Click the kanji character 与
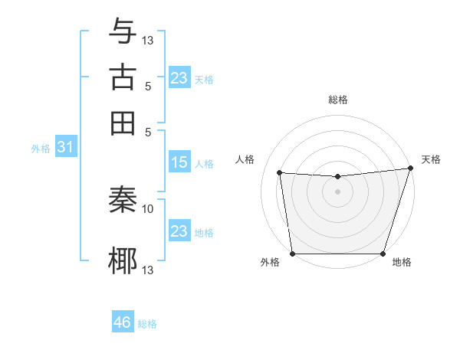click(123, 31)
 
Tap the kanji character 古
click(123, 77)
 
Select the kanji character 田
click(123, 123)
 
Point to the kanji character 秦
click(123, 201)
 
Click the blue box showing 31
click(65, 148)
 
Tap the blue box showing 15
click(179, 162)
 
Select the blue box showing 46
click(123, 322)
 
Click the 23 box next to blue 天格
click(179, 78)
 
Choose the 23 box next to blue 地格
click(179, 231)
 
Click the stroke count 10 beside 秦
click(148, 208)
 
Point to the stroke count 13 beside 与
click(148, 40)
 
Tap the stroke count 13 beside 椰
click(148, 270)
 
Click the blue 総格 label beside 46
click(147, 324)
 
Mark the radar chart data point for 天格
click(409, 169)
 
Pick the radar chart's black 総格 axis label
click(337, 100)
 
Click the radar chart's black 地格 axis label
click(402, 263)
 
